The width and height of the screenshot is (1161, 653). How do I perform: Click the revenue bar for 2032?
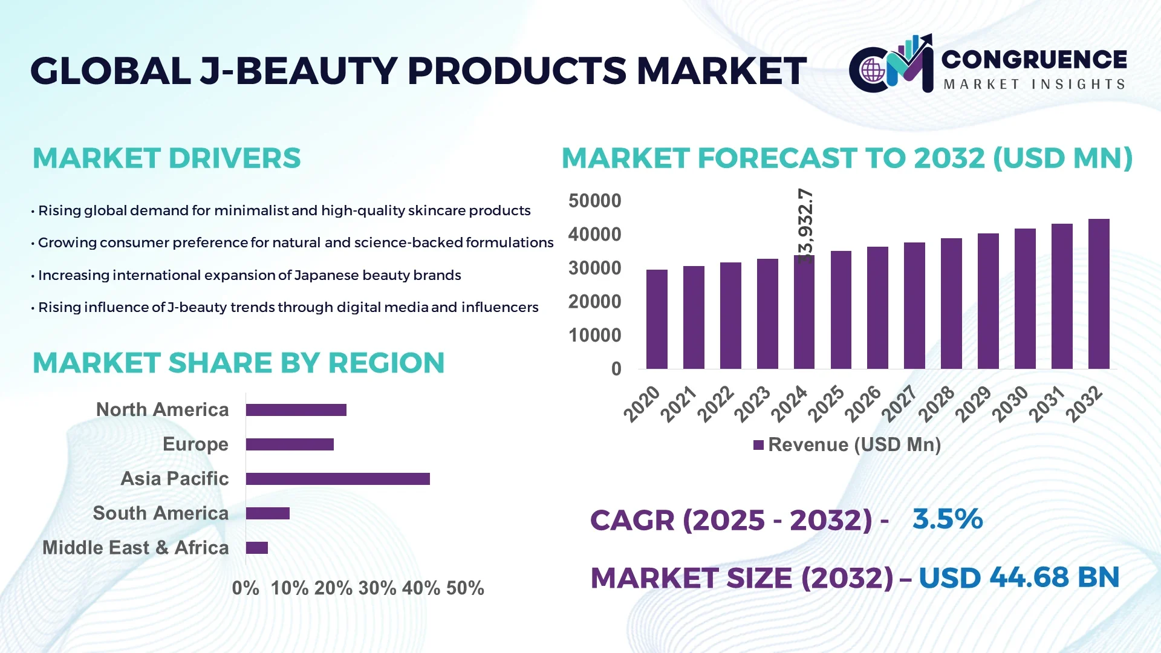pyautogui.click(x=1099, y=294)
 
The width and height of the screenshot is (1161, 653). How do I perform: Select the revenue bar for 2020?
pyautogui.click(x=657, y=319)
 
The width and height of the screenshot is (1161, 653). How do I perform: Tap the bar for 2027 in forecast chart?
pyautogui.click(x=914, y=305)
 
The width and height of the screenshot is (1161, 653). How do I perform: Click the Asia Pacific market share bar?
pyautogui.click(x=337, y=479)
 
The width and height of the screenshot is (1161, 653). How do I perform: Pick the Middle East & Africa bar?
pyautogui.click(x=257, y=548)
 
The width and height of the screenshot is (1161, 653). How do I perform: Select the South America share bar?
pyautogui.click(x=268, y=513)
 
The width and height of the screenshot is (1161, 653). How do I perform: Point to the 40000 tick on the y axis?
pyautogui.click(x=594, y=235)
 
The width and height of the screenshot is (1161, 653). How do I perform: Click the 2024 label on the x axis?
pyautogui.click(x=790, y=404)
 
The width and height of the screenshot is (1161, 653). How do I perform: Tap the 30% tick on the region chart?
pyautogui.click(x=377, y=588)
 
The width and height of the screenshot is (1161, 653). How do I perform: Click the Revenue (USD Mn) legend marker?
pyautogui.click(x=758, y=445)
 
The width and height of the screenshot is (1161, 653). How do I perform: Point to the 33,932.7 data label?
pyautogui.click(x=805, y=225)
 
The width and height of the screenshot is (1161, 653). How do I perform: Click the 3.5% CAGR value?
pyautogui.click(x=948, y=519)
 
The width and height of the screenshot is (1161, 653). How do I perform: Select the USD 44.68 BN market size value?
pyautogui.click(x=1019, y=577)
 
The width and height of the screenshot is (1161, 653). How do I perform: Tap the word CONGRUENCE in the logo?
pyautogui.click(x=1034, y=59)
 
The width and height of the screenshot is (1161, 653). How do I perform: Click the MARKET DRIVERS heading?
pyautogui.click(x=166, y=158)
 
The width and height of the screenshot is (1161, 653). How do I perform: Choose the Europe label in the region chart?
pyautogui.click(x=195, y=444)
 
